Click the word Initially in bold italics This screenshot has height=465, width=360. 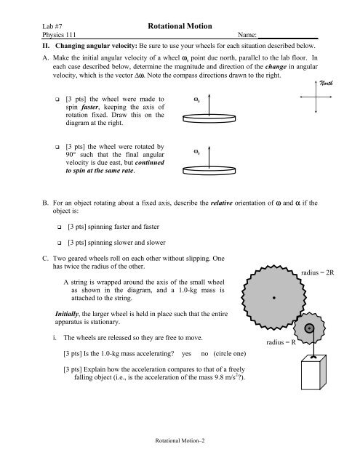point(71,313)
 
